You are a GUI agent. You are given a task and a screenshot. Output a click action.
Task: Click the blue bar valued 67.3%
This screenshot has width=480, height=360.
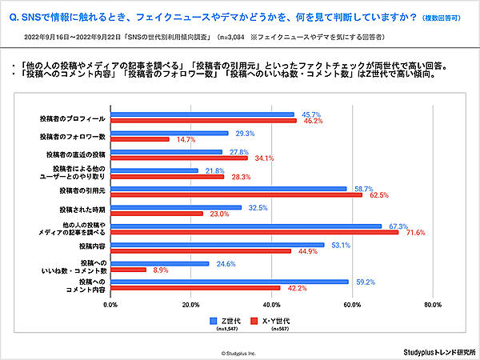[x=246, y=226]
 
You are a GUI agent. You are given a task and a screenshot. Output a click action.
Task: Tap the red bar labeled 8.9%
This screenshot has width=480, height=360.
[x=128, y=270]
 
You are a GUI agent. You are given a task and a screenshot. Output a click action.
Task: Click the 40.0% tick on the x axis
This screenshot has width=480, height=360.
[x=272, y=305]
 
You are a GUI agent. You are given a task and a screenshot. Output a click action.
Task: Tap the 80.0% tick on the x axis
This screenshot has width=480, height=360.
[x=433, y=305]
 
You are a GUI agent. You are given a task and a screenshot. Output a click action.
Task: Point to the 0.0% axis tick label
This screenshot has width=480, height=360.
[x=110, y=305]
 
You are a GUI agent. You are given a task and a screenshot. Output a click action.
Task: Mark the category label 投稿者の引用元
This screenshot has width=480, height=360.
[x=83, y=191]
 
